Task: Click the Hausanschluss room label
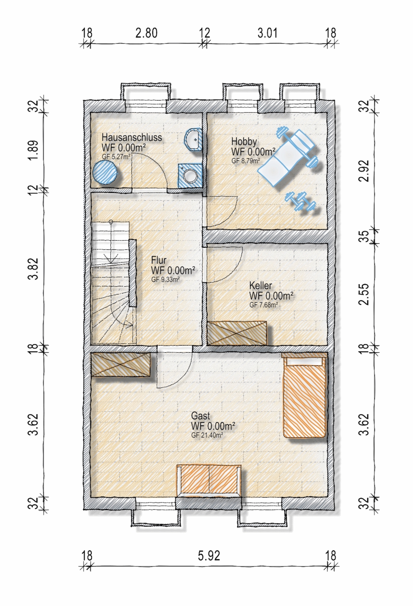tap(131, 137)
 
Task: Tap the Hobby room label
tap(244, 141)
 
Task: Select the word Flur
tap(159, 260)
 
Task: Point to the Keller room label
tap(261, 285)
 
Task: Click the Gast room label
tap(200, 416)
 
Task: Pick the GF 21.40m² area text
tap(207, 435)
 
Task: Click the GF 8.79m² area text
tap(245, 161)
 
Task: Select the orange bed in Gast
tap(304, 395)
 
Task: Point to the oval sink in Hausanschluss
tap(194, 139)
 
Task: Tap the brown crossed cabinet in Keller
tap(237, 333)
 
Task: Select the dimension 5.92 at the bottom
tap(209, 556)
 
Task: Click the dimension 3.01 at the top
tap(267, 33)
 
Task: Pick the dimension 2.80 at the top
tap(146, 33)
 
